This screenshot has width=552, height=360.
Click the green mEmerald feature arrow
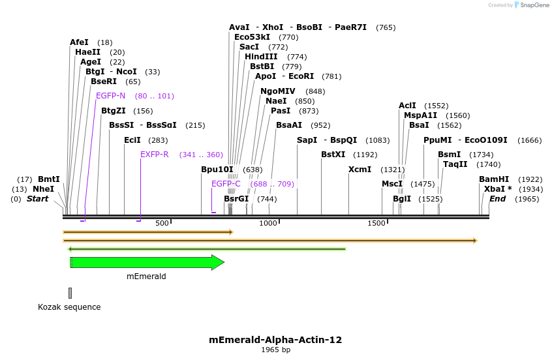[147, 262]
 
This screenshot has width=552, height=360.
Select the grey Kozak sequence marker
[70, 293]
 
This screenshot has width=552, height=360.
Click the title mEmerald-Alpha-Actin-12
[275, 340]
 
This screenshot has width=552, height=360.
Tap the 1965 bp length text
[275, 350]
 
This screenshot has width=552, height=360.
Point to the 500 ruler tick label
[162, 224]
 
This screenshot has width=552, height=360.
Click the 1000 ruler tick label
[269, 224]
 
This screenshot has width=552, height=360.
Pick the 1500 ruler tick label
[376, 224]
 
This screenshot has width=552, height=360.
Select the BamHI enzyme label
[494, 179]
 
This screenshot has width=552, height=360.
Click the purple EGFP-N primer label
[111, 96]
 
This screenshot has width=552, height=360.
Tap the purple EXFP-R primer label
[155, 155]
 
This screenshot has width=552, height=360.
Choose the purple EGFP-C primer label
[226, 184]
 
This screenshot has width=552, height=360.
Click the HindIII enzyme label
[261, 57]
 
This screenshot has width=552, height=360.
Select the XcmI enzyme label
[360, 170]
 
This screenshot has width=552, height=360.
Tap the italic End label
[497, 199]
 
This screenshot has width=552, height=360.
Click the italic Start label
[37, 199]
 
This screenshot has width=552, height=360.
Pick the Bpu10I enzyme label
[217, 170]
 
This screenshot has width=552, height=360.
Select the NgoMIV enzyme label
[278, 91]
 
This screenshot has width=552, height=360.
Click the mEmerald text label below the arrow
[146, 277]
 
